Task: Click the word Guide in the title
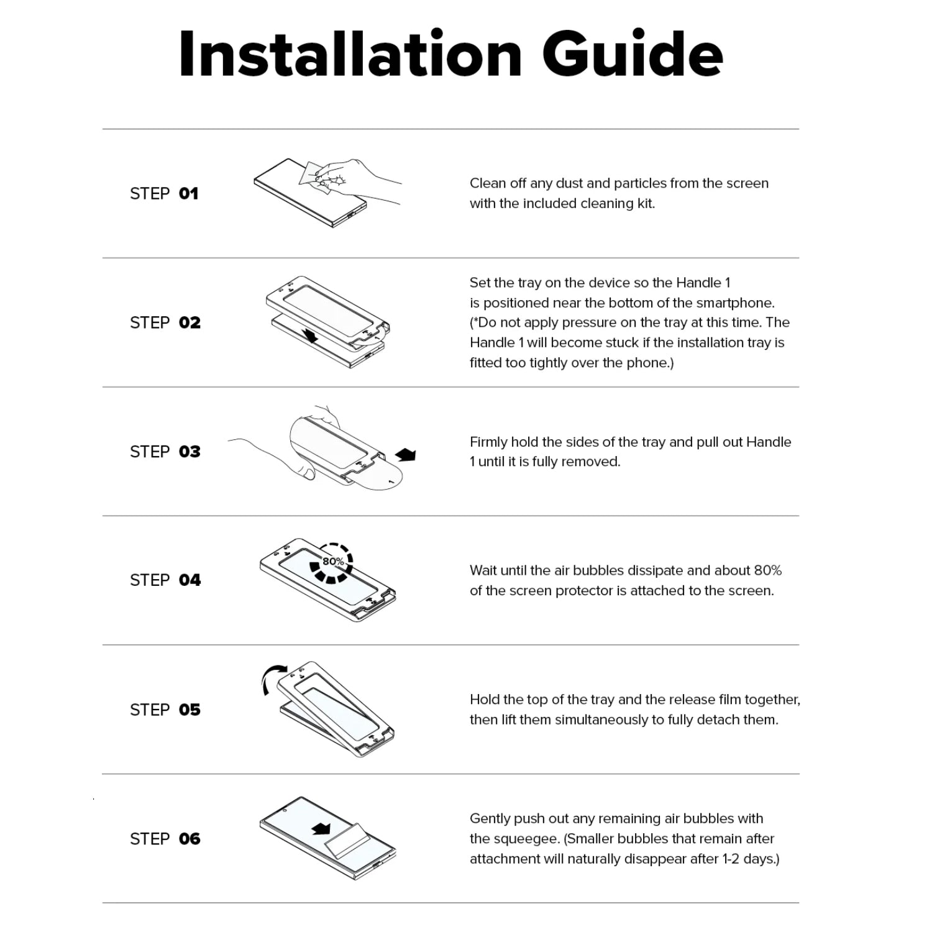633,54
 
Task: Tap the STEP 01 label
164,194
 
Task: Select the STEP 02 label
165,322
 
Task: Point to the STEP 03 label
165,452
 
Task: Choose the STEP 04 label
165,580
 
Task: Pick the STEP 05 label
165,710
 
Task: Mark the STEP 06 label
165,839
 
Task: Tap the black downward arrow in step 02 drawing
308,336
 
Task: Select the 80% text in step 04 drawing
333,562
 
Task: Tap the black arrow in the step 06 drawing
321,829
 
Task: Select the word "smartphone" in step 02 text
738,303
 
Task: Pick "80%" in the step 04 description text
768,570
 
